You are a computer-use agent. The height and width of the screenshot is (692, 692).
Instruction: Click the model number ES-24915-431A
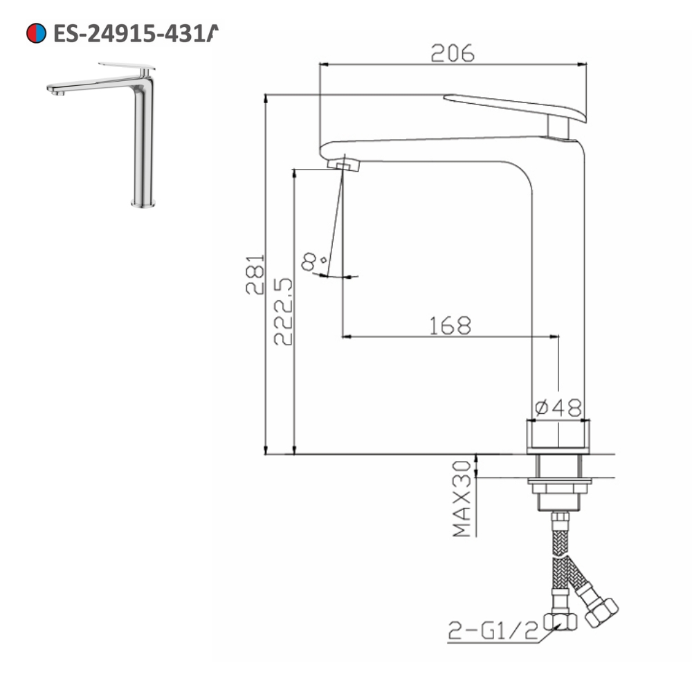136,33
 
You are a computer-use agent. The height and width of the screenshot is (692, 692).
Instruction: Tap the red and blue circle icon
36,33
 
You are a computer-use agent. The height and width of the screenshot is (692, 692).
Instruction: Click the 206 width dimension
453,53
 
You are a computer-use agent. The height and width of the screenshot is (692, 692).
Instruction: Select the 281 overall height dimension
255,274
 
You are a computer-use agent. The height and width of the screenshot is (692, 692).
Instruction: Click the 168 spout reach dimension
449,325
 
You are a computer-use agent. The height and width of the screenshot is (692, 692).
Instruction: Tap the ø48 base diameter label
558,408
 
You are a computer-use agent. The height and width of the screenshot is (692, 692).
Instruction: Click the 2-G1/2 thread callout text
493,631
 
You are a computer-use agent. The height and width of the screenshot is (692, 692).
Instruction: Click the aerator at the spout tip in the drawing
344,165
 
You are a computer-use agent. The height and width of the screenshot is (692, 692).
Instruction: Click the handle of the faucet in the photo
127,68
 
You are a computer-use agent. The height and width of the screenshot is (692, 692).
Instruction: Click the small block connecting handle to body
558,127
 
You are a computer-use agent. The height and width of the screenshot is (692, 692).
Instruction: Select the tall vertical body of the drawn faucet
558,291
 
